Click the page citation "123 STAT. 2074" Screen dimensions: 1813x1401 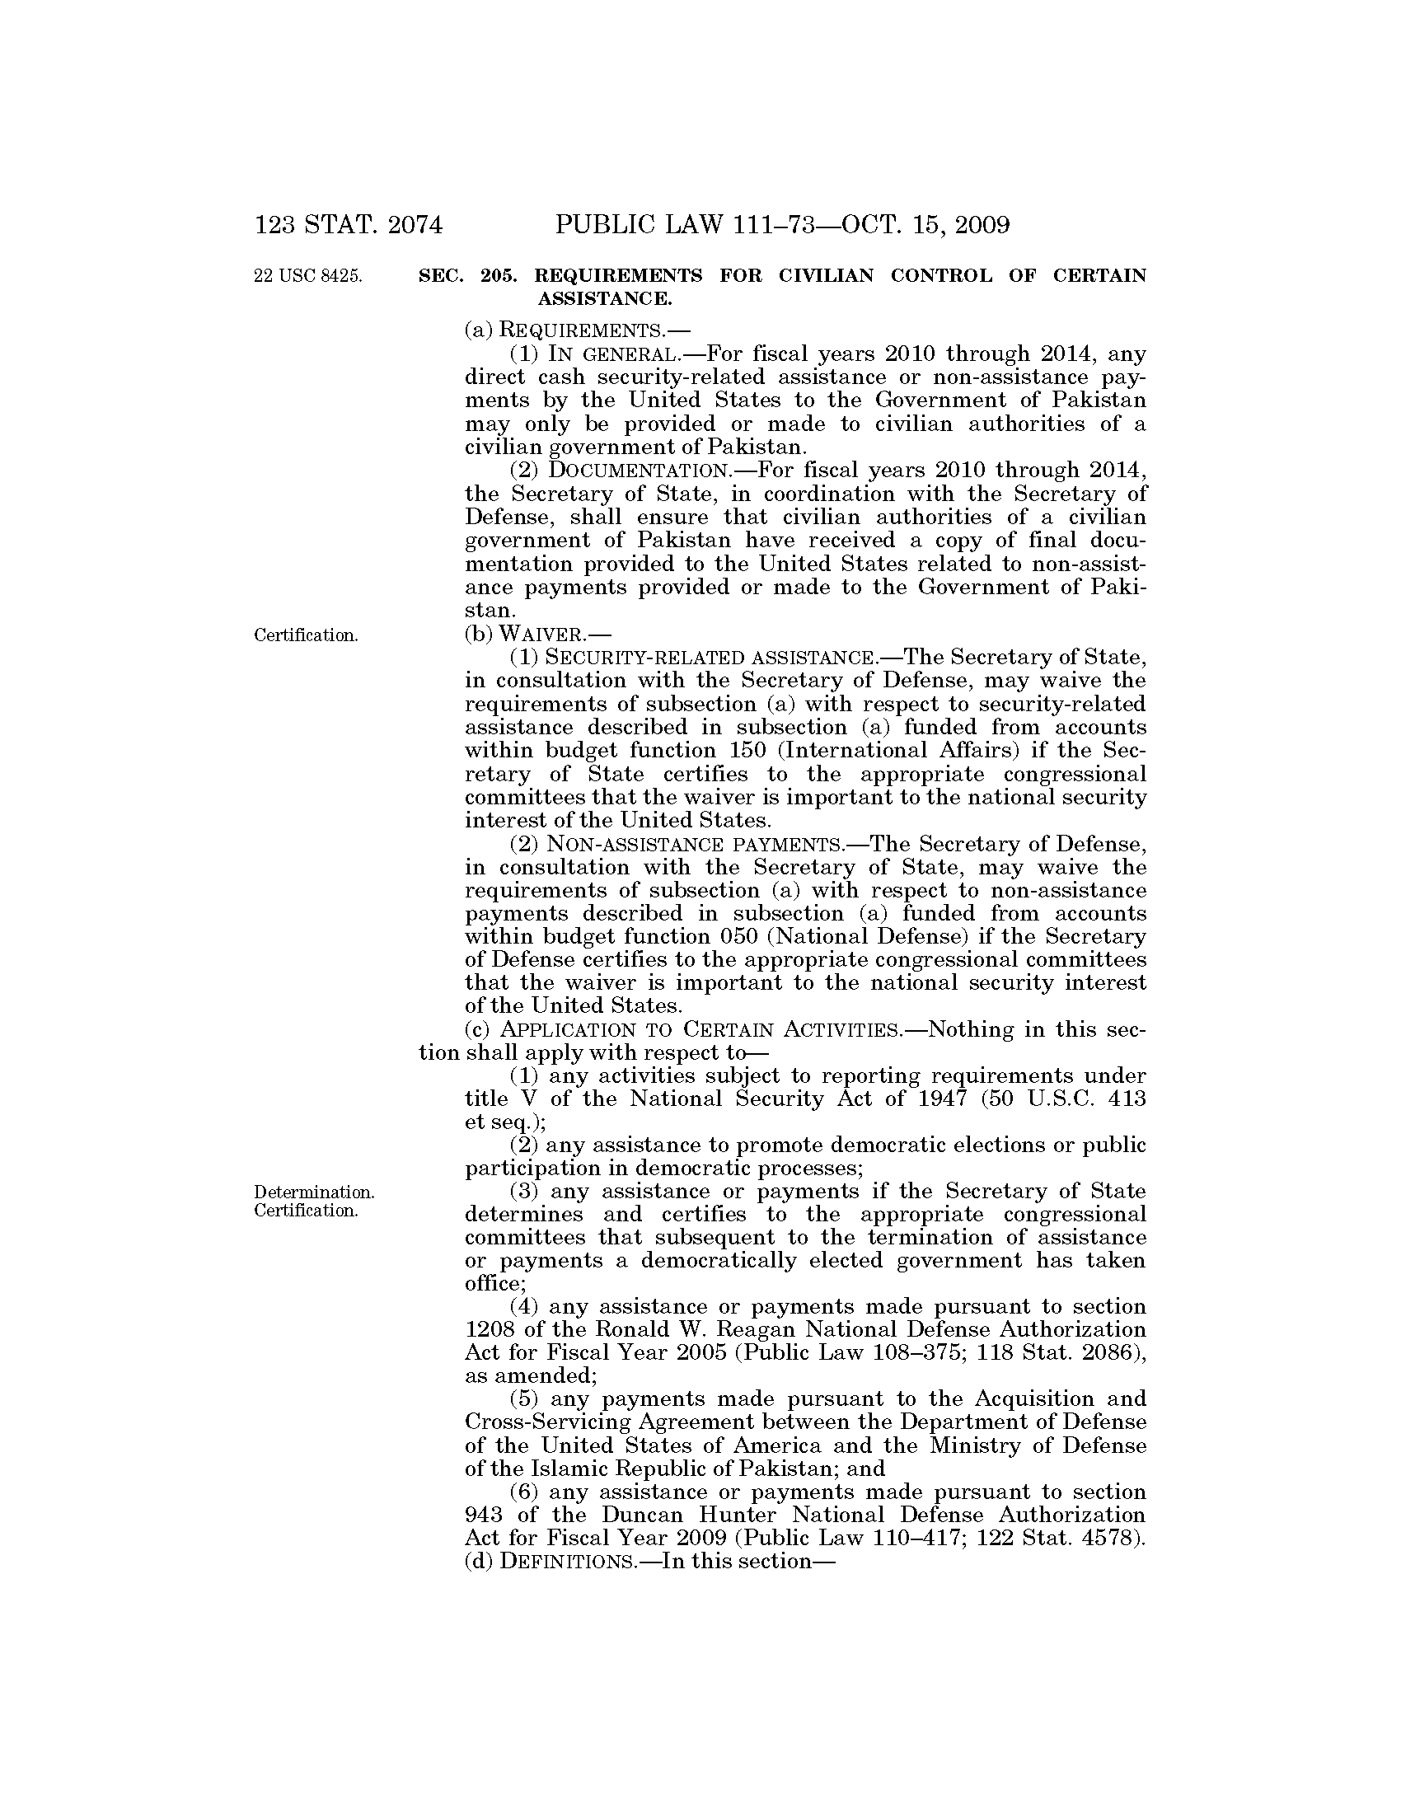tap(349, 225)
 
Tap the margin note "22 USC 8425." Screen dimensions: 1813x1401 tap(308, 276)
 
